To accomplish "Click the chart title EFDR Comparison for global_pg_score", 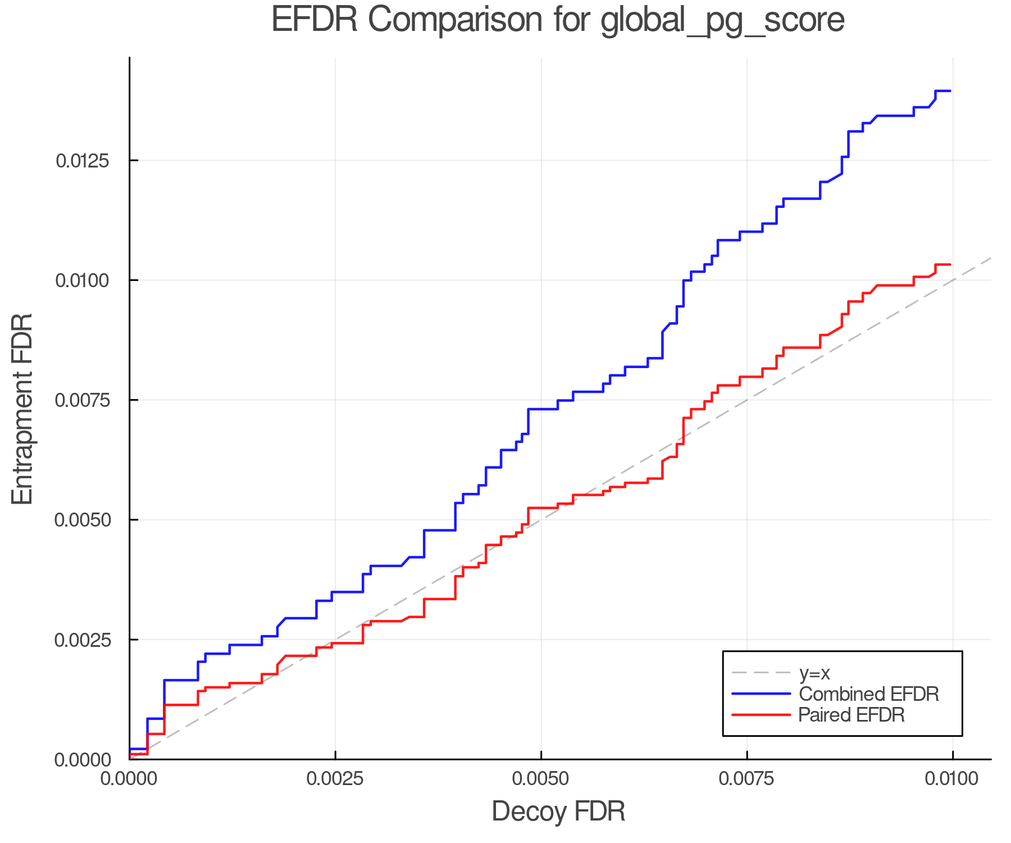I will click(558, 20).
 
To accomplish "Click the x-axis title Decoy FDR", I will click(558, 812).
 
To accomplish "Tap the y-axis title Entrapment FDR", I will click(23, 409).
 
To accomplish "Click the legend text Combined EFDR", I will click(868, 694).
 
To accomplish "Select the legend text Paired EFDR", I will click(851, 715).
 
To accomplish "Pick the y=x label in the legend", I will click(814, 673).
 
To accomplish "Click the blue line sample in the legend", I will click(761, 694).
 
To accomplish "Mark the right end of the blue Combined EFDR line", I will click(950, 90).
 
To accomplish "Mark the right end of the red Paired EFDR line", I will click(950, 264).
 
